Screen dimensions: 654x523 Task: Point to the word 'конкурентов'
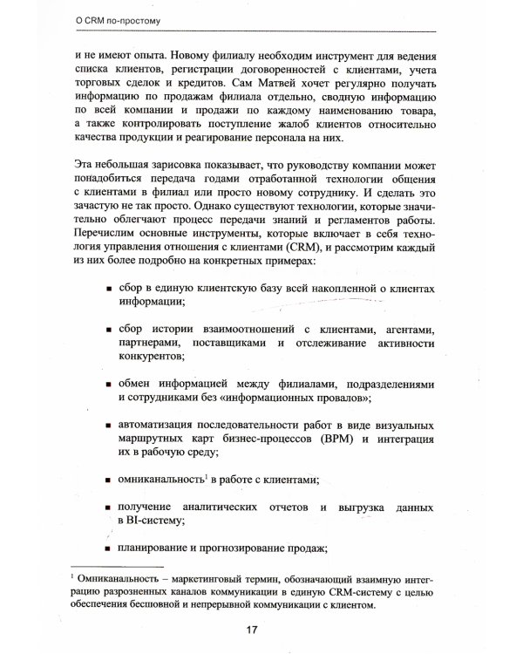click(x=153, y=357)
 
